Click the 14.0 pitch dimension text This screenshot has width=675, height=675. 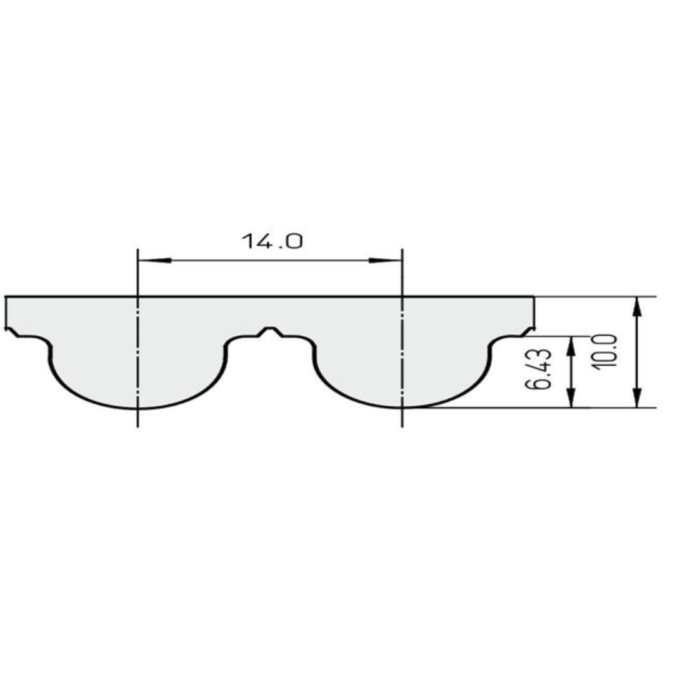[x=272, y=241]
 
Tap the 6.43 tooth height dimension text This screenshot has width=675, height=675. [x=538, y=369]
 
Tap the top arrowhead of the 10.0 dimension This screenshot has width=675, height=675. [x=637, y=306]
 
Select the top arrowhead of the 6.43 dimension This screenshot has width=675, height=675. [x=571, y=346]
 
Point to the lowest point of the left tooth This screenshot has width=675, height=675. [x=137, y=408]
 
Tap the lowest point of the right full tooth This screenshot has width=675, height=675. [x=402, y=407]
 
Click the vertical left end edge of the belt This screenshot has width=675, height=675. [x=6, y=311]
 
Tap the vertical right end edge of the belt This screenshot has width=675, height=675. [x=534, y=311]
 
